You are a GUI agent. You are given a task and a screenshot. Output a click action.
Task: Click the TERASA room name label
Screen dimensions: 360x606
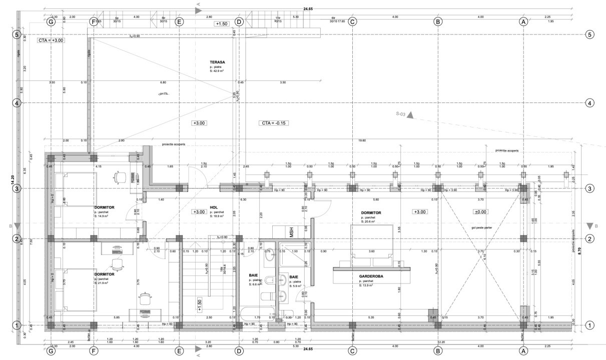pos(217,62)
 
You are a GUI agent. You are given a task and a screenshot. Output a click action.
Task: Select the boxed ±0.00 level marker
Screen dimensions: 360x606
pos(481,212)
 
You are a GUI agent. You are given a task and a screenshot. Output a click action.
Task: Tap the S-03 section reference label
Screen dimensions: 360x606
pos(399,114)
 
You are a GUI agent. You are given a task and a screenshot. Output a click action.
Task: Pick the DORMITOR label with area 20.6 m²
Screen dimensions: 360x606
pos(371,212)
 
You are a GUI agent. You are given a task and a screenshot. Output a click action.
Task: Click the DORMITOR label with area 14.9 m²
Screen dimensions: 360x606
pos(104,206)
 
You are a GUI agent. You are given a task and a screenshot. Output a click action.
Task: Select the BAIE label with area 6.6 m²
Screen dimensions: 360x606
pos(254,275)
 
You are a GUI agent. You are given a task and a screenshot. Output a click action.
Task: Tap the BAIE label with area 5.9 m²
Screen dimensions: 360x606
pos(294,276)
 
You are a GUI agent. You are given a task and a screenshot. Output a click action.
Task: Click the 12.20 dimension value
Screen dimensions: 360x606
pos(441,342)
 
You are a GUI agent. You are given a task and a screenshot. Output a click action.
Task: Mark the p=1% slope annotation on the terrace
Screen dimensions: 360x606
pos(163,93)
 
